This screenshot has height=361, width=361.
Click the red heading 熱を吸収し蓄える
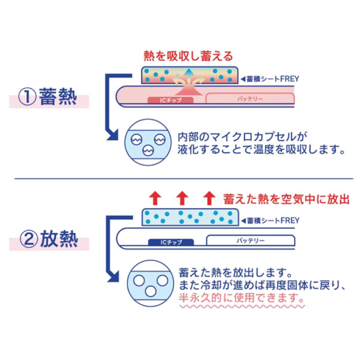[x=188, y=56]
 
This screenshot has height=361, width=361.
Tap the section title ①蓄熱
[x=48, y=97]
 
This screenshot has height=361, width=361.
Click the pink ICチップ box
[x=170, y=100]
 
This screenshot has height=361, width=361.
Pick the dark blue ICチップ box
[x=171, y=242]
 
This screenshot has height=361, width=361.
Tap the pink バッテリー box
[x=250, y=99]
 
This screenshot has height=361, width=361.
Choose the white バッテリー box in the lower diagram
[x=251, y=240]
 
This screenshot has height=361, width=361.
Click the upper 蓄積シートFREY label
[x=270, y=79]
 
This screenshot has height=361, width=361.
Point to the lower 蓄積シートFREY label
[x=270, y=220]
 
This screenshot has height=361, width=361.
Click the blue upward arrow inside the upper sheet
[x=189, y=75]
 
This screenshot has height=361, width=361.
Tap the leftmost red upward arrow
[x=155, y=198]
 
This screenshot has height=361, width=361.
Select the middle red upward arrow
[x=182, y=198]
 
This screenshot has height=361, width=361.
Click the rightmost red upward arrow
[x=209, y=198]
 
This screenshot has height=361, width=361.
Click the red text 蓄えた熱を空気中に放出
[x=286, y=199]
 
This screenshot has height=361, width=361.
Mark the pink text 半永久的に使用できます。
[x=241, y=298]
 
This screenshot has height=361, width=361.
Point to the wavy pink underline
[x=242, y=307]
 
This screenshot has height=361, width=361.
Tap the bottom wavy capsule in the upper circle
[x=148, y=151]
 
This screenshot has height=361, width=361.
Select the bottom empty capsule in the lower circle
[x=151, y=291]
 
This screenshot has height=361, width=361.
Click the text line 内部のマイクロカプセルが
[x=243, y=137]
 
